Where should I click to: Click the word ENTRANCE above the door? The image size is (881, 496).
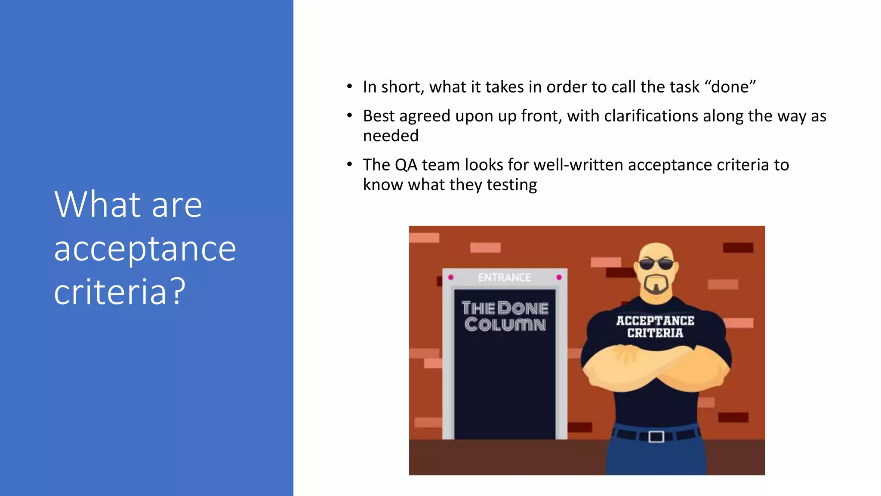(x=505, y=278)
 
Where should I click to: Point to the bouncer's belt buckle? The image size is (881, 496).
(x=656, y=437)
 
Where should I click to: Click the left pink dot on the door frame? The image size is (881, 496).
(x=450, y=277)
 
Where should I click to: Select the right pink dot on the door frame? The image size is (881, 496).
(x=559, y=277)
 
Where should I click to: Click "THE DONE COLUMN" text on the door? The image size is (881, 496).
(x=505, y=316)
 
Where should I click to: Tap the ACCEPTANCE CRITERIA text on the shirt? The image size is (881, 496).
(x=655, y=327)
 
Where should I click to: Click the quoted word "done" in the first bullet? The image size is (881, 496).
(x=730, y=87)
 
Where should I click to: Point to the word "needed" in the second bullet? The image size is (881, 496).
(x=391, y=136)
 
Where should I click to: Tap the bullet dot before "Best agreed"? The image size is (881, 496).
(x=350, y=116)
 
